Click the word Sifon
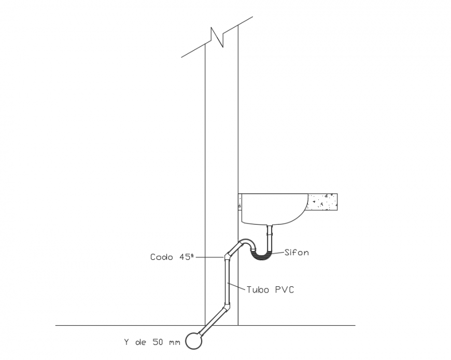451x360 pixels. coord(297,253)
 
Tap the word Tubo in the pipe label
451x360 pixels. coord(258,289)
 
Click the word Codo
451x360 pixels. coord(162,257)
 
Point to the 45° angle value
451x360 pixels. coord(186,256)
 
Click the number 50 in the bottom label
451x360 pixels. coord(158,342)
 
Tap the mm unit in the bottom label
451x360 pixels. coord(174,342)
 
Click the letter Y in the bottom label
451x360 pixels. coord(126,342)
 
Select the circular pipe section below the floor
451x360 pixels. coord(194,340)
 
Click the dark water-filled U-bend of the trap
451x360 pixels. coord(262,255)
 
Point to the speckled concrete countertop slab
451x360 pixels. coord(323,203)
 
